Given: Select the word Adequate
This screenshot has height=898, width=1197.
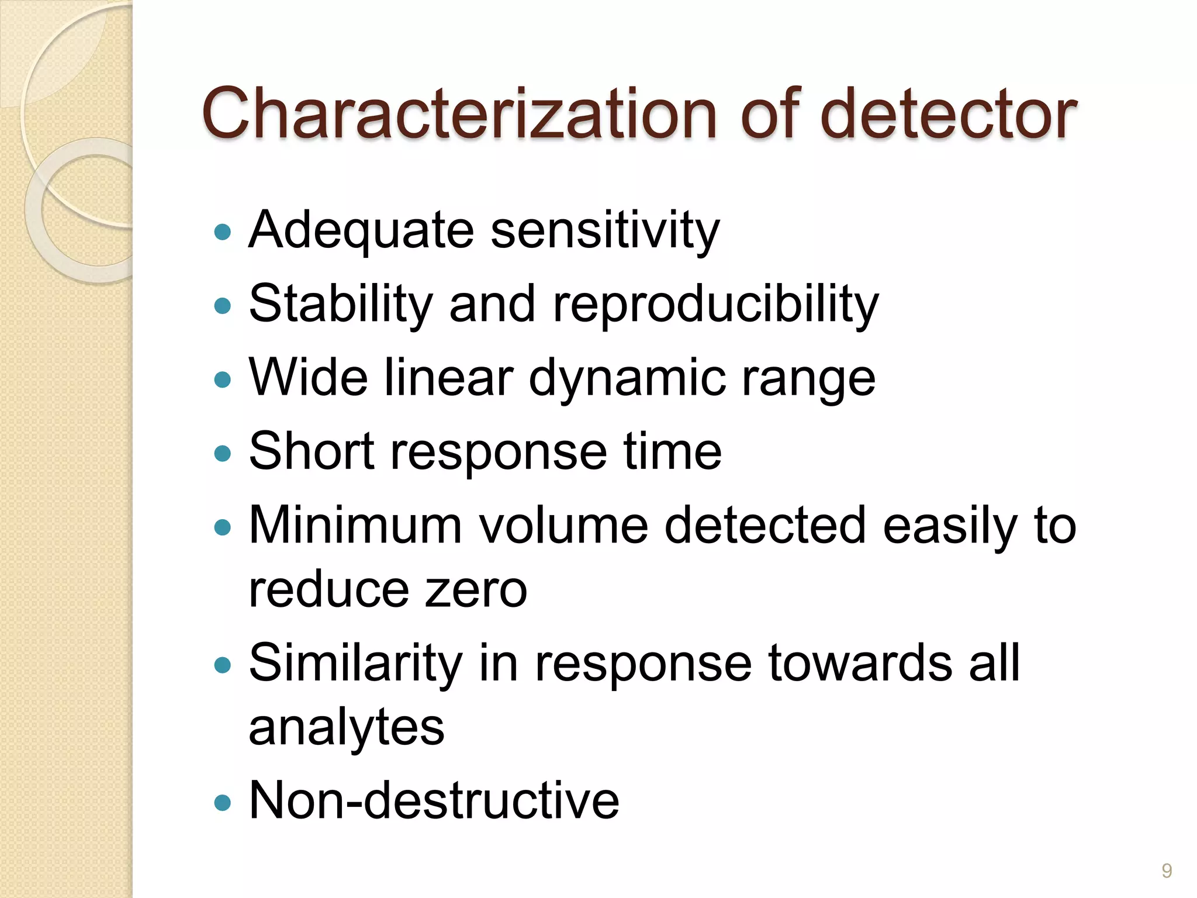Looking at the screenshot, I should pos(361,231).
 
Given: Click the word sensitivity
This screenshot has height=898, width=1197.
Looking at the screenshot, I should pos(605,231).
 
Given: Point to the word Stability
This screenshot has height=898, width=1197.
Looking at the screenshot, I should pos(341,304).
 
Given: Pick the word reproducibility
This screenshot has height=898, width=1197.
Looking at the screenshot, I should pos(715,304).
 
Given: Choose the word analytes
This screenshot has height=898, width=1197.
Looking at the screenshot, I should pos(347,728).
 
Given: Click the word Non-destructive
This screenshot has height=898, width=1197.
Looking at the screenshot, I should pos(434,800).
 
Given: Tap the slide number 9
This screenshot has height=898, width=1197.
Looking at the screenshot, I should pos(1167,871).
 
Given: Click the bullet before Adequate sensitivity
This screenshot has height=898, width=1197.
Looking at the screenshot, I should pos(223,233).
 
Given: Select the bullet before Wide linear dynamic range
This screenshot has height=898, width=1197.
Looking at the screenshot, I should pos(223,381).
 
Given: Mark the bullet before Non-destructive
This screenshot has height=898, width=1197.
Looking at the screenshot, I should pos(223,802).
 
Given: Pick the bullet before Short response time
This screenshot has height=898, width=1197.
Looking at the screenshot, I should pos(223,453).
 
